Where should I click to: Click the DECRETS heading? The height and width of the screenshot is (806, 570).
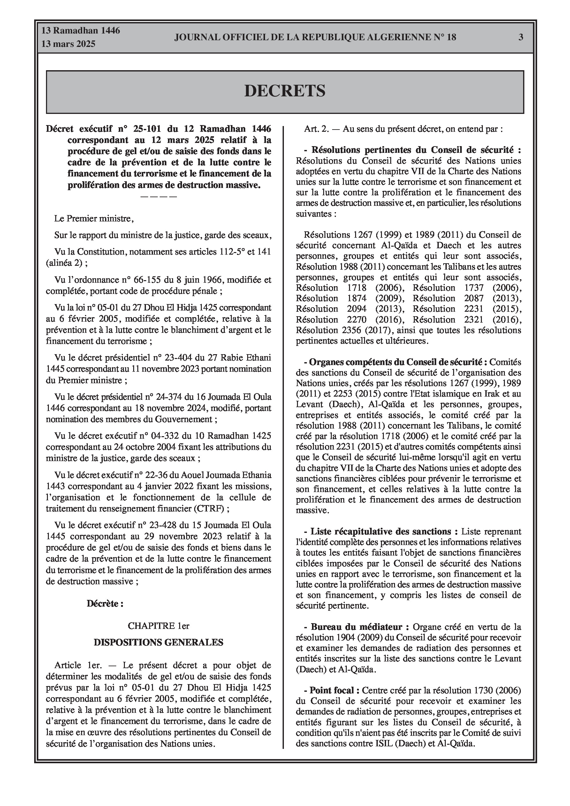tap(285, 91)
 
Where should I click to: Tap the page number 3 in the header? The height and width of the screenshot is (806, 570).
tap(521, 37)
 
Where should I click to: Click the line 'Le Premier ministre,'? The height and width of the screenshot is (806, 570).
tap(94, 219)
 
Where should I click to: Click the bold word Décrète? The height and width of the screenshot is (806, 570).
tap(105, 604)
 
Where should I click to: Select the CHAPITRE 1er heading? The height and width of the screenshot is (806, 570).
tap(158, 626)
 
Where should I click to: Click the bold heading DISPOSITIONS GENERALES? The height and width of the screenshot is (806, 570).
tap(158, 642)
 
